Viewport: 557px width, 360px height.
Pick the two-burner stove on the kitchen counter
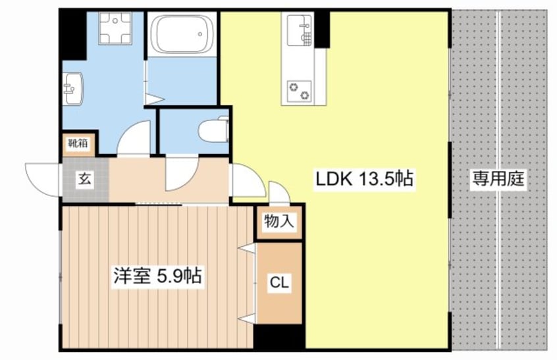(298, 90)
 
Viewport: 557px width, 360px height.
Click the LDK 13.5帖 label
(364, 178)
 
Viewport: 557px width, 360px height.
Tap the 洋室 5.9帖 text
(155, 276)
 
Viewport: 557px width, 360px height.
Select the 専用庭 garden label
(498, 178)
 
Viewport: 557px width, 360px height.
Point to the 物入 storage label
(279, 222)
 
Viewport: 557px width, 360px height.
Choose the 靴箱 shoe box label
(78, 142)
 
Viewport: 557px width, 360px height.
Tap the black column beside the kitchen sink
(322, 29)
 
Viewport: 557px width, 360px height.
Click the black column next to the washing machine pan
(72, 33)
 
